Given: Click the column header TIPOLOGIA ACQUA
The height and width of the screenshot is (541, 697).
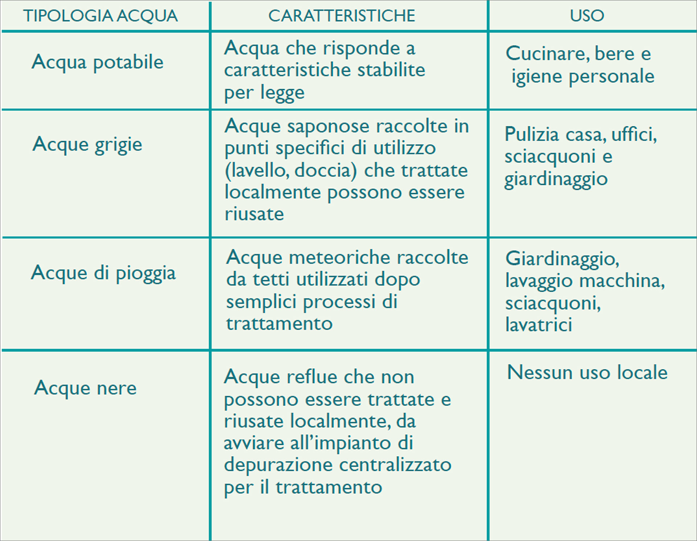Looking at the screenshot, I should click(100, 16).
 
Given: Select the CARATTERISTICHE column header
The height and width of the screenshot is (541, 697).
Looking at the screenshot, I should click(342, 16).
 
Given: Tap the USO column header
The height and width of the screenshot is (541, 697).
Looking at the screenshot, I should click(587, 16).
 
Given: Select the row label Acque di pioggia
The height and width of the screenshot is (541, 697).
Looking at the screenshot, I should click(103, 273).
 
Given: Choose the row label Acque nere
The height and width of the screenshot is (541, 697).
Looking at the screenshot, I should click(86, 388).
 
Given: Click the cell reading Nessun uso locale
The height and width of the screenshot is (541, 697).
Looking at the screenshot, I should click(587, 373).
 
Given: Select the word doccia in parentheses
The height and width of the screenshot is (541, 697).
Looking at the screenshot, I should click(322, 171).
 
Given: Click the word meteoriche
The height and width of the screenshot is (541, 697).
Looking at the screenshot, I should click(339, 258).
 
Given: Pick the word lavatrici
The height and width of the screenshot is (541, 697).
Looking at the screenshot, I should click(539, 325).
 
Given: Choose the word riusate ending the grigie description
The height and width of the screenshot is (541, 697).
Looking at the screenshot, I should click(254, 214).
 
